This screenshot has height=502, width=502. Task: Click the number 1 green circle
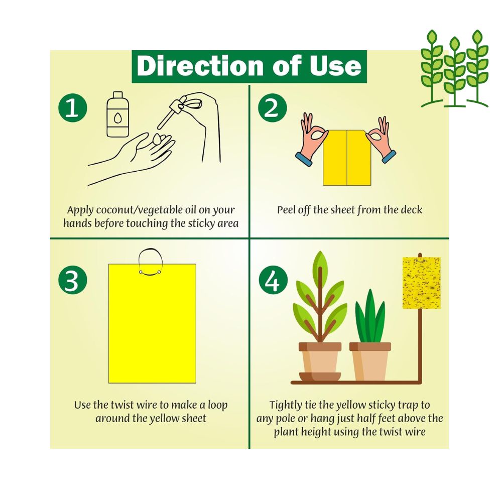72,108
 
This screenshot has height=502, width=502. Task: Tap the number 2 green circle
272,108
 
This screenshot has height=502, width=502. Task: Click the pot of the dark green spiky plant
370,361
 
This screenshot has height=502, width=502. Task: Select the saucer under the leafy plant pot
320,376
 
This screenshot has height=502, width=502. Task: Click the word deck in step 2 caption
411,209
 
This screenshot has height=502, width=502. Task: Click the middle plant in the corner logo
455,70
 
